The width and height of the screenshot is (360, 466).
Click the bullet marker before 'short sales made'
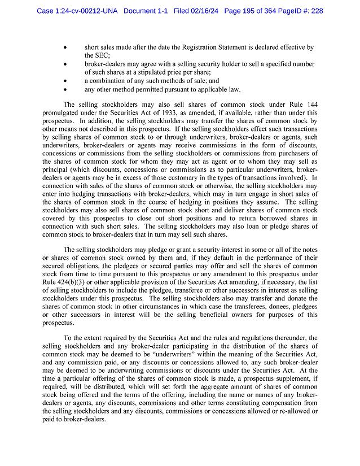point(68,48)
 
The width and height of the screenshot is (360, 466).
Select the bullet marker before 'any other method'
point(68,89)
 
